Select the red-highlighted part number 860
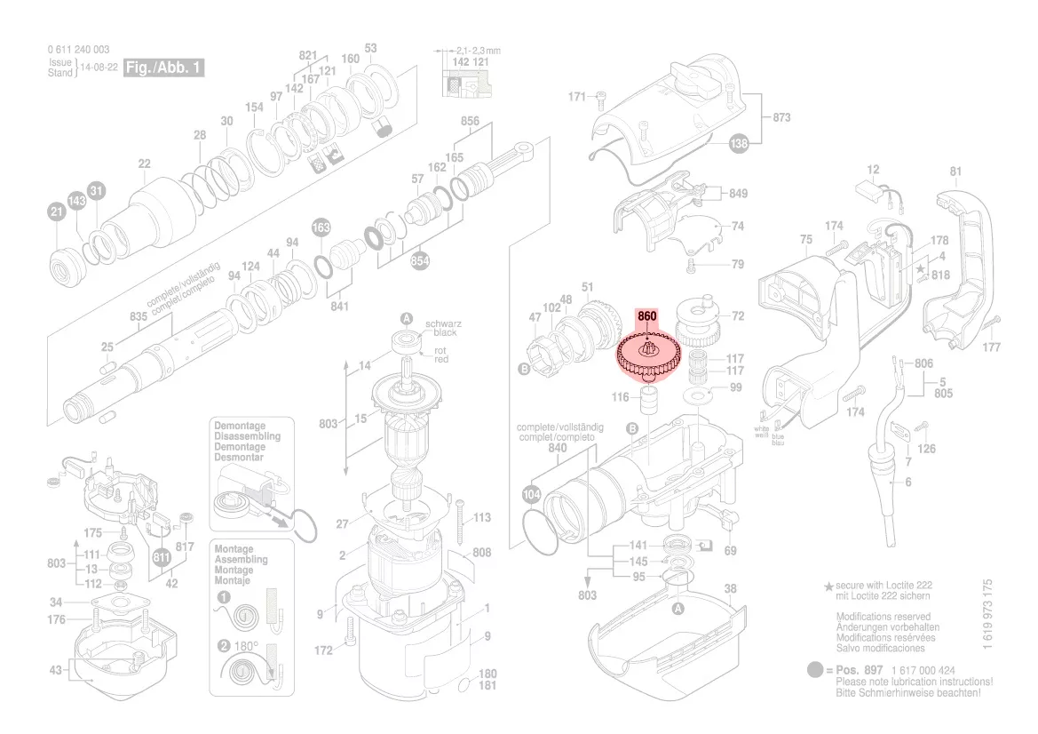click(x=646, y=316)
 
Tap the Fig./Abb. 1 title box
click(x=164, y=68)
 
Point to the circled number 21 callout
click(x=56, y=212)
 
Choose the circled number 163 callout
click(x=321, y=229)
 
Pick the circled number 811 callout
click(x=161, y=558)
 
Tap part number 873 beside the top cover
click(x=781, y=118)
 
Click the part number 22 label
click(x=144, y=164)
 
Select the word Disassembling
click(x=247, y=436)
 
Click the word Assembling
click(x=241, y=560)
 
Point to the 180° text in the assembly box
click(x=246, y=646)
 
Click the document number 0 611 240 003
click(x=80, y=50)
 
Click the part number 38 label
click(x=730, y=589)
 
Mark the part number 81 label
click(x=955, y=172)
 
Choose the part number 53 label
click(x=370, y=48)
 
